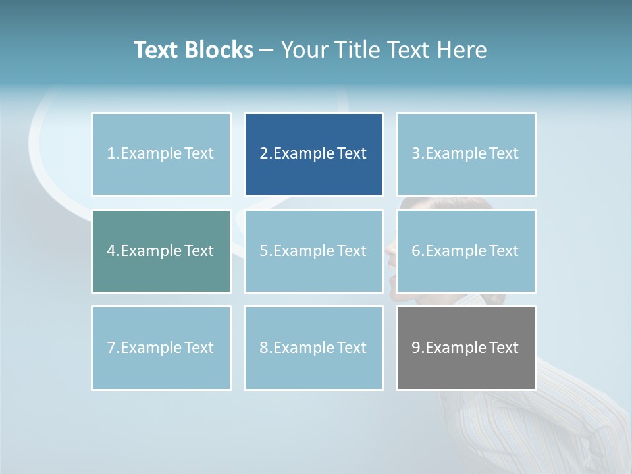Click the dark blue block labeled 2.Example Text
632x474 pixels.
pos(313,154)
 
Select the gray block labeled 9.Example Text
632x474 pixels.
pos(465,348)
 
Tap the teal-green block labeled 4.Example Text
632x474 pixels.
pos(161,251)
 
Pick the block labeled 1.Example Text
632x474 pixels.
pos(161,154)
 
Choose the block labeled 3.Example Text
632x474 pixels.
pos(465,154)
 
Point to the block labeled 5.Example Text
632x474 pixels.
pos(313,251)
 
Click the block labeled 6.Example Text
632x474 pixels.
pos(465,251)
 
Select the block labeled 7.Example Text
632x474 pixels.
pos(161,348)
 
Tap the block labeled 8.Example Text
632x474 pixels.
pos(313,348)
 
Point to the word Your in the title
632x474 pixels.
pos(305,50)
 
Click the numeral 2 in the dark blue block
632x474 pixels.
pos(263,154)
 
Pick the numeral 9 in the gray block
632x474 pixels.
pos(416,348)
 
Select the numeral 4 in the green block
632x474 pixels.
pos(111,251)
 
